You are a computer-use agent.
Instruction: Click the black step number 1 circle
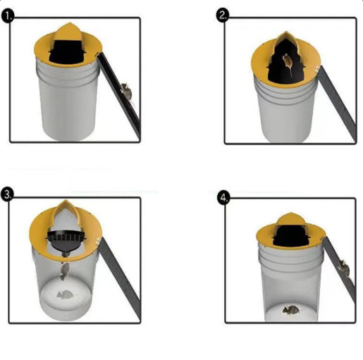(8, 16)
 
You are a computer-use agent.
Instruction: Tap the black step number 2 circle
(223, 15)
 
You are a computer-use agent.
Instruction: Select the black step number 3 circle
(7, 194)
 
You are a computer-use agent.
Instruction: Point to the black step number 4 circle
(223, 198)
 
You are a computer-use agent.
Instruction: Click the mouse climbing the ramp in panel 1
(127, 92)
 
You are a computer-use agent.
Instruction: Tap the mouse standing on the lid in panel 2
(288, 63)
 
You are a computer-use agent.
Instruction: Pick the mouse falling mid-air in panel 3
(64, 271)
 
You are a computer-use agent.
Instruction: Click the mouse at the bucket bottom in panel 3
(65, 294)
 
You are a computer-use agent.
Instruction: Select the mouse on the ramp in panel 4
(344, 268)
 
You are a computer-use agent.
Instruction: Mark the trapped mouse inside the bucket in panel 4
(291, 310)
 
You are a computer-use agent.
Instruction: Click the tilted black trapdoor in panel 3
(66, 242)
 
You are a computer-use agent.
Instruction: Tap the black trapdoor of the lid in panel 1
(67, 53)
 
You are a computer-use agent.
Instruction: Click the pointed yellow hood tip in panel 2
(285, 32)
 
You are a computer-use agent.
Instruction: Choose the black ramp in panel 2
(337, 104)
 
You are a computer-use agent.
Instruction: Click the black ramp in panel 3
(120, 280)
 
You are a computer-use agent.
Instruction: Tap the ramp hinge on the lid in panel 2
(317, 69)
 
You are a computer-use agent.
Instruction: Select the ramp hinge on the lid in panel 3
(99, 240)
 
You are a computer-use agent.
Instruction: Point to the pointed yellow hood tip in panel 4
(291, 213)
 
